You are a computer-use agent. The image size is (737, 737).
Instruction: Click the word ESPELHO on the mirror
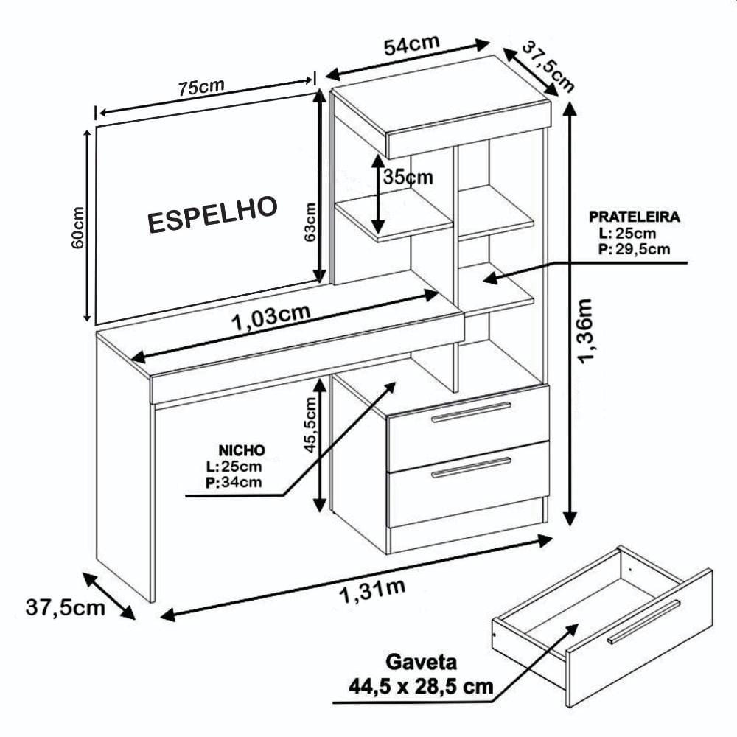coord(212,214)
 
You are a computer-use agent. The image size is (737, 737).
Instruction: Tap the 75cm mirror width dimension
coord(201,88)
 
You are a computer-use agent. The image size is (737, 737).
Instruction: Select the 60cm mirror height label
coord(77,228)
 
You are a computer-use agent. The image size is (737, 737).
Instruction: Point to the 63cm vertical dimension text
coord(310,222)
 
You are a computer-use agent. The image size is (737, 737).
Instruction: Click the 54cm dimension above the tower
coord(412,44)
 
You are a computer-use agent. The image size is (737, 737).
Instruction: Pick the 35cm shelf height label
coord(408,177)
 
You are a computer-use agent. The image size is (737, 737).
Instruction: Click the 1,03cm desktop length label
coord(271,317)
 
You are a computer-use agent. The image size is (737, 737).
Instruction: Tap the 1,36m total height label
coord(586,331)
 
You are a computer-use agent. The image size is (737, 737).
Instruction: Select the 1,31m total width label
coord(371,590)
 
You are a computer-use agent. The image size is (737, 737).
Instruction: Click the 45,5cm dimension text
coord(311,425)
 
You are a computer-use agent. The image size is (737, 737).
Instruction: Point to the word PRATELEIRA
coord(634,217)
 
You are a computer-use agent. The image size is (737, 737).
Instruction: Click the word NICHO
coord(242,450)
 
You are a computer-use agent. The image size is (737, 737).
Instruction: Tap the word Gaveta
coord(421,662)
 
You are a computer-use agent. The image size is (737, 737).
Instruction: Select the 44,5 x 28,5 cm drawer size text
coord(421,686)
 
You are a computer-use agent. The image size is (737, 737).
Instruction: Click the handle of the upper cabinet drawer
coord(472,412)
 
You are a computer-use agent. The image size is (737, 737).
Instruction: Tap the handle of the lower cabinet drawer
coord(472,467)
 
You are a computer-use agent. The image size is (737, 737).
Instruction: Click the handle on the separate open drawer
coord(643,621)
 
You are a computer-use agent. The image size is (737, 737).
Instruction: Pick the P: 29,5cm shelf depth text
coord(634,248)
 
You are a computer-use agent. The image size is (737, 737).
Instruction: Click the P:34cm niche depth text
coord(234,482)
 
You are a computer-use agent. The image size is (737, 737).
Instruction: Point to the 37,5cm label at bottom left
coord(66,607)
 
